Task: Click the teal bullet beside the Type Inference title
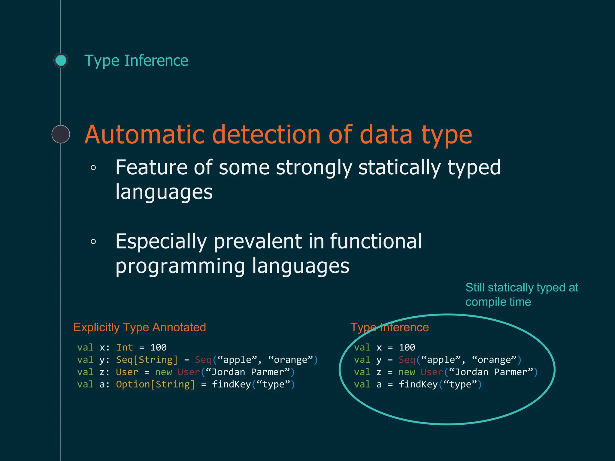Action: tap(61, 60)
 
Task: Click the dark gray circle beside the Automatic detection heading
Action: tap(61, 134)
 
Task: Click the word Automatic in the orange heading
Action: tap(144, 135)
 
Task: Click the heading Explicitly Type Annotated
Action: tap(140, 327)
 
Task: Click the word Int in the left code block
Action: tap(125, 348)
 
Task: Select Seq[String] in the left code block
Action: tap(147, 360)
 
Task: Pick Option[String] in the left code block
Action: tap(156, 384)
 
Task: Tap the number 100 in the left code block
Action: tap(158, 348)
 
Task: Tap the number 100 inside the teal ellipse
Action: tap(407, 348)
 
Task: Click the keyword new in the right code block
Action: tap(407, 372)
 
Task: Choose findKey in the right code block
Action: tap(418, 384)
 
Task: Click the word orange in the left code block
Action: tap(291, 360)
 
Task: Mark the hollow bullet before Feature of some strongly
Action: tap(93, 168)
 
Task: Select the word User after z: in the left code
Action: tap(127, 372)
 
